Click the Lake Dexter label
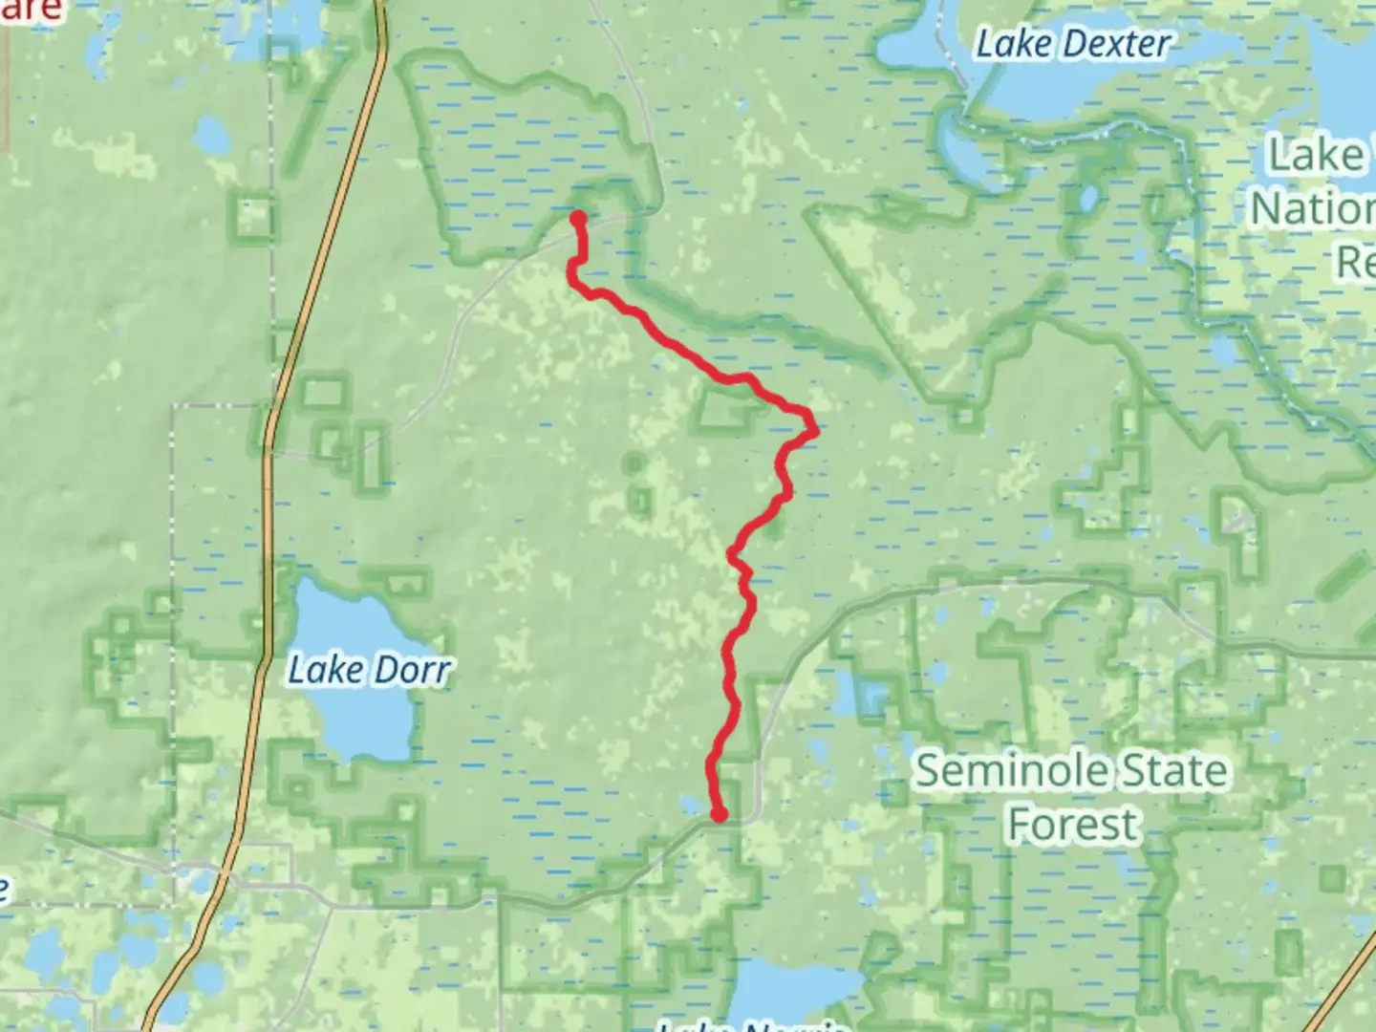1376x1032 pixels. click(1072, 44)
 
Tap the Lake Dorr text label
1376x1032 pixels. click(369, 670)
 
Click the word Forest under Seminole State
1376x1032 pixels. click(1072, 825)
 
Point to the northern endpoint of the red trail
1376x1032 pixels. click(578, 218)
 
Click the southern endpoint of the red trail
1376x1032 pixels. click(719, 814)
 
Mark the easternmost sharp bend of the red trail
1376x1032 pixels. click(815, 430)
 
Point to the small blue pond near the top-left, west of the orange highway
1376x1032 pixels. click(211, 139)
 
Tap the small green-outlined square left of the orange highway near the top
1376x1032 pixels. click(254, 219)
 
